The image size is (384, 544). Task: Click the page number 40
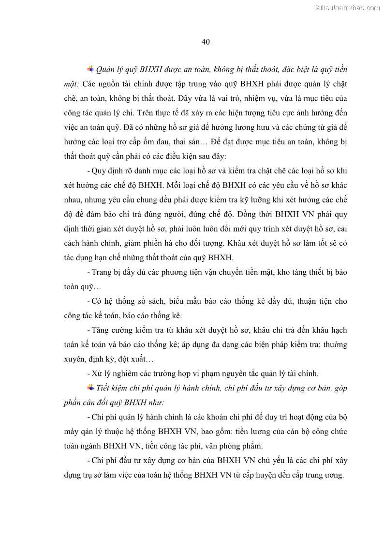205,42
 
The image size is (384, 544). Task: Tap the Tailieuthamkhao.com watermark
347,8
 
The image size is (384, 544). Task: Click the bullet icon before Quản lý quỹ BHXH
90,69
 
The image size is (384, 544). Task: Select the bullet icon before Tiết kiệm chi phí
90,387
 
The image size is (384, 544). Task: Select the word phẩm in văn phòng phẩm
251,446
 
